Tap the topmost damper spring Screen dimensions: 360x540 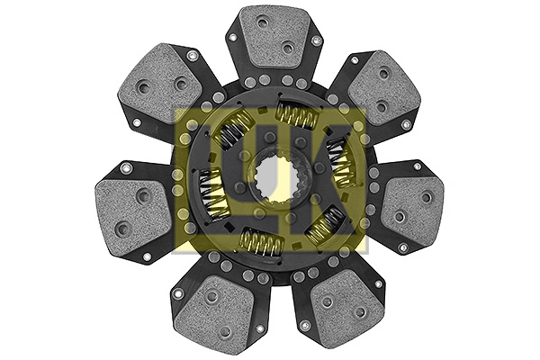(x=298, y=115)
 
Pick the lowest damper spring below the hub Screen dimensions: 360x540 (x=262, y=241)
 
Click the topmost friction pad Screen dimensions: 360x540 (x=273, y=40)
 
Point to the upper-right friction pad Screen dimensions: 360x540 (x=379, y=90)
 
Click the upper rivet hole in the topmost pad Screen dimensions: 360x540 (x=261, y=22)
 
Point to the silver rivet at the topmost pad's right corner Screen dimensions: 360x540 (x=315, y=40)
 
